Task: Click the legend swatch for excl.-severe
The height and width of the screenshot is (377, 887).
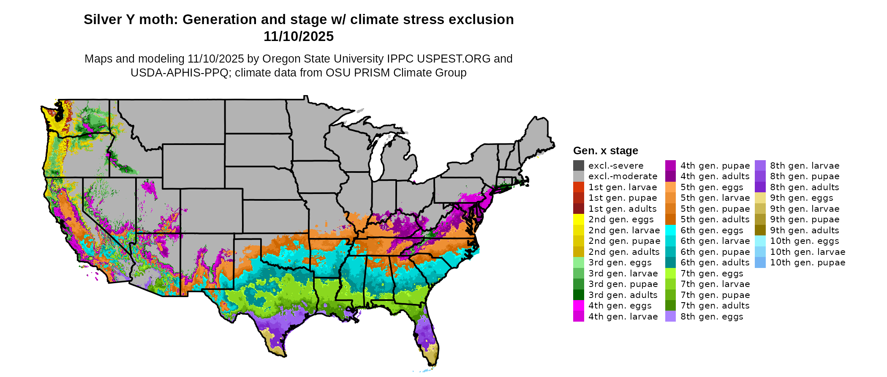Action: [x=579, y=166]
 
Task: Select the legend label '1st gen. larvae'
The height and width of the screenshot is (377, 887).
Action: [x=623, y=187]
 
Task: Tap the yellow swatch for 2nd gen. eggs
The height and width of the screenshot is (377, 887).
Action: [x=579, y=219]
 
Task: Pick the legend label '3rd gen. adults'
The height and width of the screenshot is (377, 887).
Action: [x=623, y=295]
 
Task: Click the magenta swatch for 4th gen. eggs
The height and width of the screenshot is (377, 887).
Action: [x=579, y=306]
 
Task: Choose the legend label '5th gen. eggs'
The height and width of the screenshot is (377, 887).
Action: [x=712, y=187]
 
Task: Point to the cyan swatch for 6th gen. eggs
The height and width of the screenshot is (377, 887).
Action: [x=671, y=230]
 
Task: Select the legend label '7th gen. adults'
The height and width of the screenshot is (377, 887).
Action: [x=715, y=306]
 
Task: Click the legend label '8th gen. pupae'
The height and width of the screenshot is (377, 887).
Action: [x=805, y=176]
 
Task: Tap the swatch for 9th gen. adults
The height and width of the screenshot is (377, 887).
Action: [x=760, y=230]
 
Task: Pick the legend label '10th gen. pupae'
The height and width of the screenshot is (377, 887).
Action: [x=808, y=262]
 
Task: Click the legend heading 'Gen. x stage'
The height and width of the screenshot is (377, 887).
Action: [x=605, y=151]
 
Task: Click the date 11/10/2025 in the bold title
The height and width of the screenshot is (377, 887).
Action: [x=299, y=37]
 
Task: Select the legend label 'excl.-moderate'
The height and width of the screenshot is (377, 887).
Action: [x=623, y=176]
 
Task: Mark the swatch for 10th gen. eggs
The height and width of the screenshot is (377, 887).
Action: [x=760, y=241]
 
